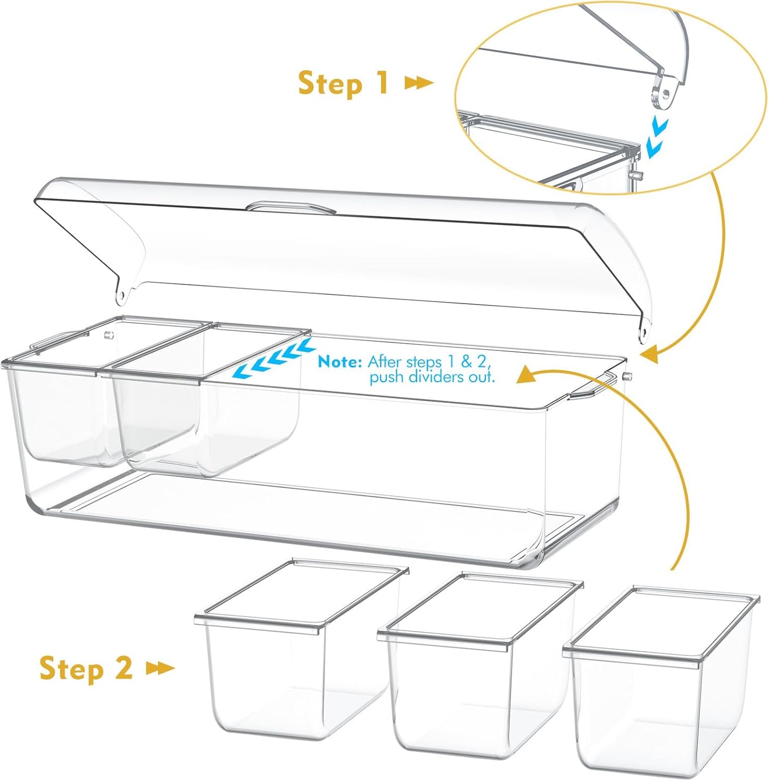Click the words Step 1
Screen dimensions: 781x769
[x=343, y=83]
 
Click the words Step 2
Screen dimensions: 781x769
[x=85, y=668]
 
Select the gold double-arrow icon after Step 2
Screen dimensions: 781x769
[x=160, y=668]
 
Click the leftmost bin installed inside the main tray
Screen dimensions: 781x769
[x=59, y=404]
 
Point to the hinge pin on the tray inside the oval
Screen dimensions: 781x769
[x=635, y=173]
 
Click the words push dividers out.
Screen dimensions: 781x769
[x=433, y=378]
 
